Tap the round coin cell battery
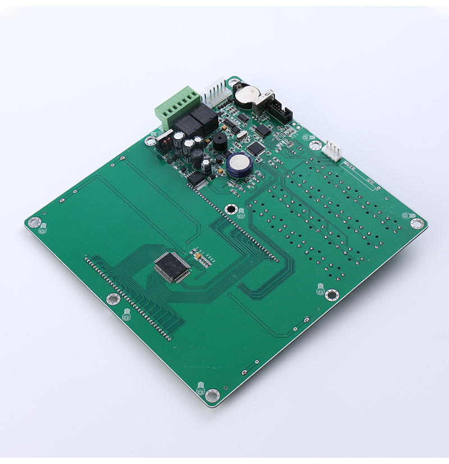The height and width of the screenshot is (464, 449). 245,96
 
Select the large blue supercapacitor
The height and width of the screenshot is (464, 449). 238,164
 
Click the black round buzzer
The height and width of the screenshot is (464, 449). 219,142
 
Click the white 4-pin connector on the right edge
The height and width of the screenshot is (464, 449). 333,150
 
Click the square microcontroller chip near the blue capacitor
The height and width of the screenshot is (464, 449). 256,148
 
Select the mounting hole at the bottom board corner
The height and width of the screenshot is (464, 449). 212,395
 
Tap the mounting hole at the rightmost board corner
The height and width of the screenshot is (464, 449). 416,223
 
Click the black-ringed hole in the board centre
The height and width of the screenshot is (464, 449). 231,209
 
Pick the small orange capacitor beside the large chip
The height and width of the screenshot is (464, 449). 198,256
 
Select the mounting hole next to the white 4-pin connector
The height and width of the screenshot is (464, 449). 315,145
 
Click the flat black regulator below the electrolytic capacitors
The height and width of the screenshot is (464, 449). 196,178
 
